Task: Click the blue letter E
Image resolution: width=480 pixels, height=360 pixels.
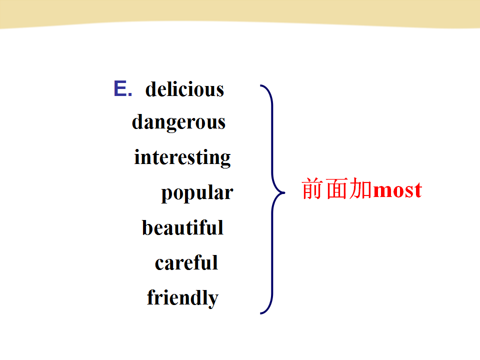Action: [x=120, y=88]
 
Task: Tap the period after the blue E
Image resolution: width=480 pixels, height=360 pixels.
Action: [x=130, y=94]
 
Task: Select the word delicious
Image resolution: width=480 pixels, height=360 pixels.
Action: [x=184, y=89]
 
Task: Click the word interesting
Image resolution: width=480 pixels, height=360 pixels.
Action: [x=182, y=158]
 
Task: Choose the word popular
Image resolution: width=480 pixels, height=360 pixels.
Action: [x=197, y=193]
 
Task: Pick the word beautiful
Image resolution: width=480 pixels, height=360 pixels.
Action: [x=183, y=228]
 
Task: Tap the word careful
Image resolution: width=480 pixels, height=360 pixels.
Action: [x=186, y=262]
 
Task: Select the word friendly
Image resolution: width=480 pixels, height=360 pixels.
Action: [x=183, y=298]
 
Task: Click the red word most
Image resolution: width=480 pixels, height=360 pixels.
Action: [x=397, y=190]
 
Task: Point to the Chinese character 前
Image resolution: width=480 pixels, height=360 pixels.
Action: [x=312, y=188]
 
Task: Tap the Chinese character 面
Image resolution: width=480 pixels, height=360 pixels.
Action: [x=336, y=188]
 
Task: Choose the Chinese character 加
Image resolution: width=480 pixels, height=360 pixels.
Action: [x=360, y=188]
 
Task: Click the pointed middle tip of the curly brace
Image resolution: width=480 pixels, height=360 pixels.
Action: [x=284, y=193]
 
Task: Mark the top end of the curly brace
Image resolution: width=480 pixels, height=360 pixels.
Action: [x=260, y=85]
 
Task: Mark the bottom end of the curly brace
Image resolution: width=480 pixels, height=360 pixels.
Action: [x=260, y=313]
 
